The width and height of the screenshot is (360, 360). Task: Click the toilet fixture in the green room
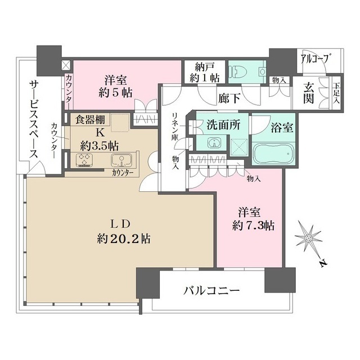(239, 72)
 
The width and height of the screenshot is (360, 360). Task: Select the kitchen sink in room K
(121, 159)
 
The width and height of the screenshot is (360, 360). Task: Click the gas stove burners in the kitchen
(86, 160)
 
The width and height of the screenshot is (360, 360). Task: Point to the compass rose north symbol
(309, 240)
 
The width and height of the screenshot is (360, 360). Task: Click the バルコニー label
(212, 291)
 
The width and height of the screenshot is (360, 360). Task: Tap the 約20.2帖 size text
(123, 238)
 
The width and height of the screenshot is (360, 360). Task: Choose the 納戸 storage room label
(205, 66)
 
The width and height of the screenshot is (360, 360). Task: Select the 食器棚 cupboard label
(88, 119)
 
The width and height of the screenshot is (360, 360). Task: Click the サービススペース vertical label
(33, 121)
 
